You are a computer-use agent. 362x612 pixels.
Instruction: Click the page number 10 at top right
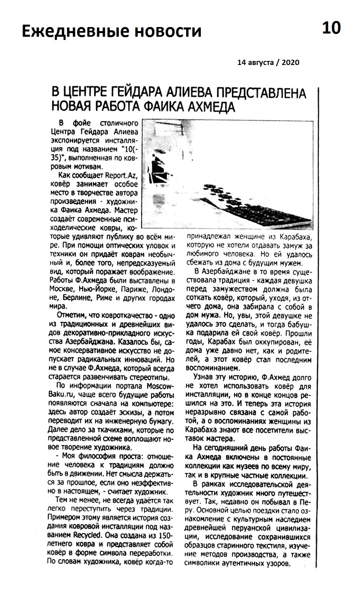pyautogui.click(x=331, y=28)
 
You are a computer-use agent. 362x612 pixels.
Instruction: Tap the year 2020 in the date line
pyautogui.click(x=290, y=63)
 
